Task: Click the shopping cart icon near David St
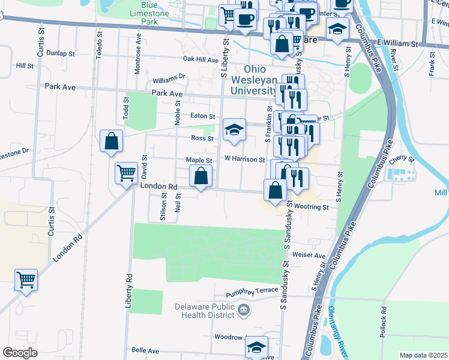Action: click(x=127, y=173)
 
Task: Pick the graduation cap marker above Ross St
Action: click(x=234, y=130)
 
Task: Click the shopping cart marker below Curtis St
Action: click(x=26, y=280)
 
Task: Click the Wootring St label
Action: click(x=312, y=207)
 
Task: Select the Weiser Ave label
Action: click(x=309, y=255)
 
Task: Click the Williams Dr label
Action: click(x=169, y=79)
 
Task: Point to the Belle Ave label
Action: click(x=145, y=350)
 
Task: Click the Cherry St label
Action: click(x=402, y=159)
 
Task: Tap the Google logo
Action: click(x=20, y=353)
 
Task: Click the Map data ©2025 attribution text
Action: click(x=423, y=355)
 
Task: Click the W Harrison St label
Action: click(x=244, y=160)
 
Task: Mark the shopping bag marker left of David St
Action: click(x=112, y=142)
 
